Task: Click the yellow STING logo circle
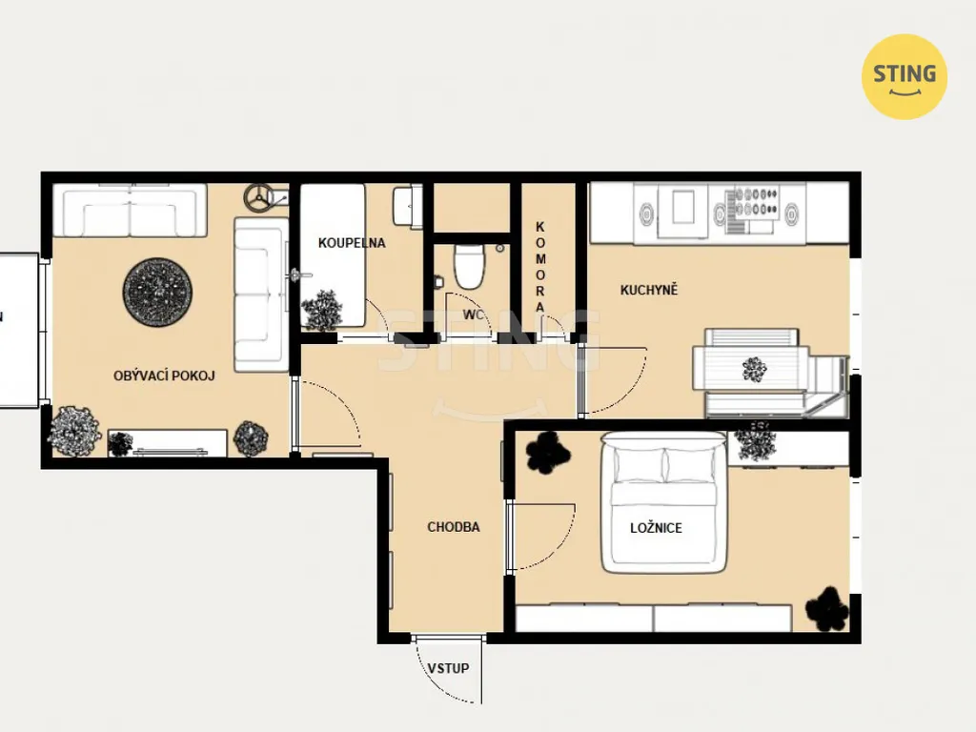(904, 76)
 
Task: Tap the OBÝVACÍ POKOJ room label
(164, 376)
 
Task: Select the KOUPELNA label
(352, 243)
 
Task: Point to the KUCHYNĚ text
(648, 290)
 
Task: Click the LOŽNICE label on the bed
(656, 528)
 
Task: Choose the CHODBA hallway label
(453, 527)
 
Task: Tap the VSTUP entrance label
(448, 668)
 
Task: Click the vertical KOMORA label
(539, 267)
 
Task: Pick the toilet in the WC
(469, 267)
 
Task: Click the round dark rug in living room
(157, 292)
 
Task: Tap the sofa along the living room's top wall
(130, 211)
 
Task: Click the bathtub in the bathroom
(333, 255)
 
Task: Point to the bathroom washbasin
(402, 206)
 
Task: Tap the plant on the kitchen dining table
(755, 369)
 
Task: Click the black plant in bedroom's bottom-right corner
(827, 609)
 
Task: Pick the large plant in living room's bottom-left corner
(74, 431)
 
